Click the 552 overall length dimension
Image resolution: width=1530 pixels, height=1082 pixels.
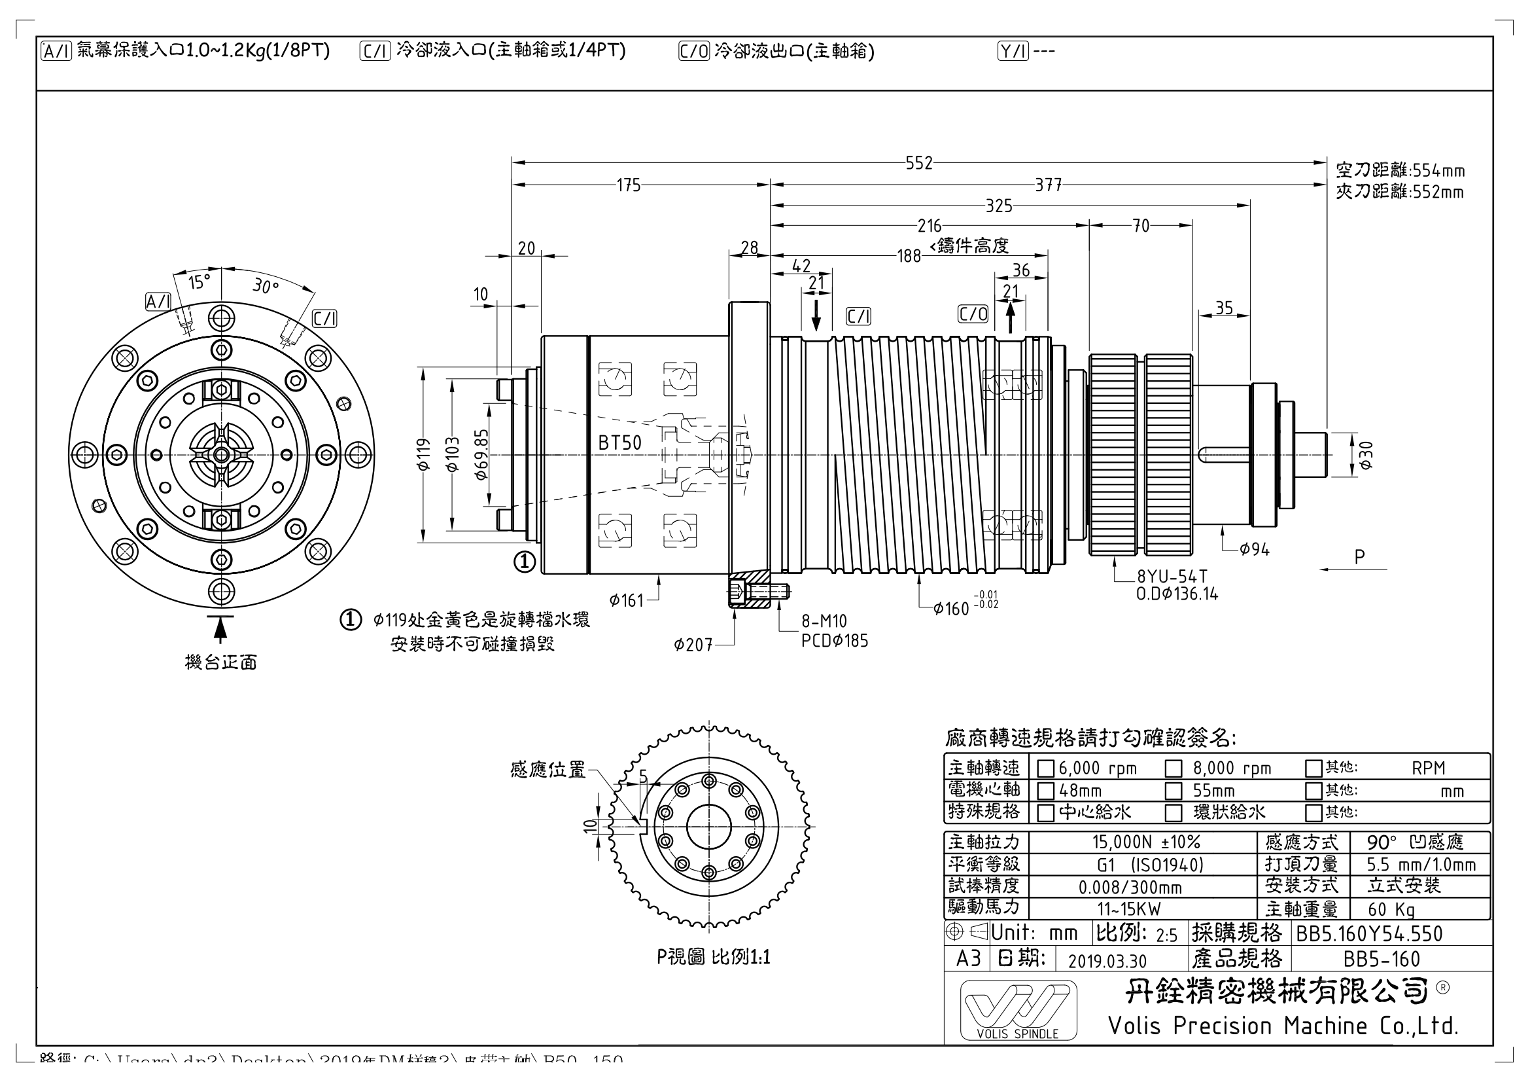tap(918, 164)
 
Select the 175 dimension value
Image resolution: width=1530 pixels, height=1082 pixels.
tap(629, 185)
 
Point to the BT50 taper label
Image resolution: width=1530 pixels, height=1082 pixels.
tap(619, 443)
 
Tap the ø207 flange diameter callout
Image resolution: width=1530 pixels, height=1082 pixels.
tap(693, 645)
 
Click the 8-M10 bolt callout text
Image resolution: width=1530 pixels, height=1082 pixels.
tap(824, 621)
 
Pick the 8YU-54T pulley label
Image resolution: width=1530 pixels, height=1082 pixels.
tap(1172, 576)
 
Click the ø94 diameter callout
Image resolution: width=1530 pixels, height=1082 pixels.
tap(1254, 549)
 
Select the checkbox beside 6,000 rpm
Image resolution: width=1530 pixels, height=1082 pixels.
tap(1045, 768)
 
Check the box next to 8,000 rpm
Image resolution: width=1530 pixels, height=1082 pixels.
tap(1173, 768)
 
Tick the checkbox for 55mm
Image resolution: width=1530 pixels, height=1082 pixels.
tap(1173, 791)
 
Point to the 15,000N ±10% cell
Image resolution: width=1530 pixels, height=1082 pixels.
tap(1145, 842)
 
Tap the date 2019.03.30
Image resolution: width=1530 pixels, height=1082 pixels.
tap(1107, 960)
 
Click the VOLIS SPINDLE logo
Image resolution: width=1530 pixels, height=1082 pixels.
tap(1018, 1010)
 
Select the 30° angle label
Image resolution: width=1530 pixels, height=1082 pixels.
tap(265, 286)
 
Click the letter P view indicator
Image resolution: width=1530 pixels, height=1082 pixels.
tap(1359, 556)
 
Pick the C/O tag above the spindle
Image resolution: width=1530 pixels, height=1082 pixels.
tap(972, 314)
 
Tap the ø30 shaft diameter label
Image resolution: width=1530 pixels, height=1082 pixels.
tap(1365, 456)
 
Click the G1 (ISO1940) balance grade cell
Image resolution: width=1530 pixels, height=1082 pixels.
tap(1150, 865)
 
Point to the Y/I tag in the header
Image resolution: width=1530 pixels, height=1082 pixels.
tap(1013, 50)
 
